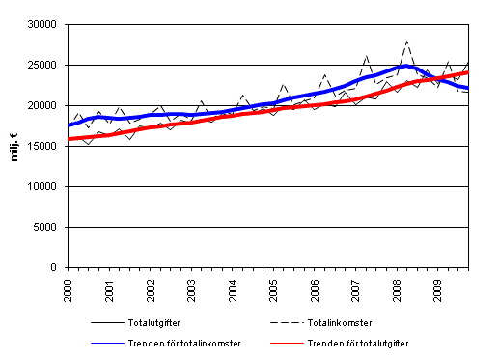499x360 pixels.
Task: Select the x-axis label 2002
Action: (152, 287)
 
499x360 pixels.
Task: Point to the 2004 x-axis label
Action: (234, 287)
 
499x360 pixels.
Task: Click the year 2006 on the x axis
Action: (315, 287)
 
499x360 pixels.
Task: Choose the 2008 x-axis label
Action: (397, 287)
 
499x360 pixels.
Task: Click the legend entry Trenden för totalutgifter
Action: (368, 343)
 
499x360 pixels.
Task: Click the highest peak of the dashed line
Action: (407, 42)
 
